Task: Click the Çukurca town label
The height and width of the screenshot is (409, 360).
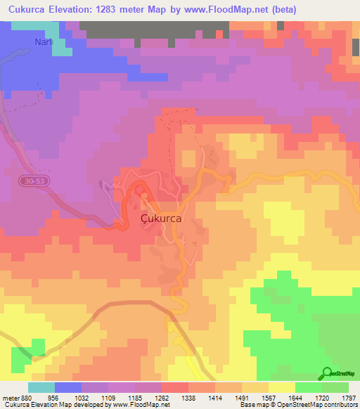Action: click(162, 219)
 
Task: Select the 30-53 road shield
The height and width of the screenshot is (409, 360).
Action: click(31, 181)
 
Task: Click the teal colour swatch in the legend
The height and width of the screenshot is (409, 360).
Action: click(41, 387)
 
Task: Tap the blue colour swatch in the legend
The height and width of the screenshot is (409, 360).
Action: click(68, 387)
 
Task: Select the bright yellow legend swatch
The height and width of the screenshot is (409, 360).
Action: click(282, 387)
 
